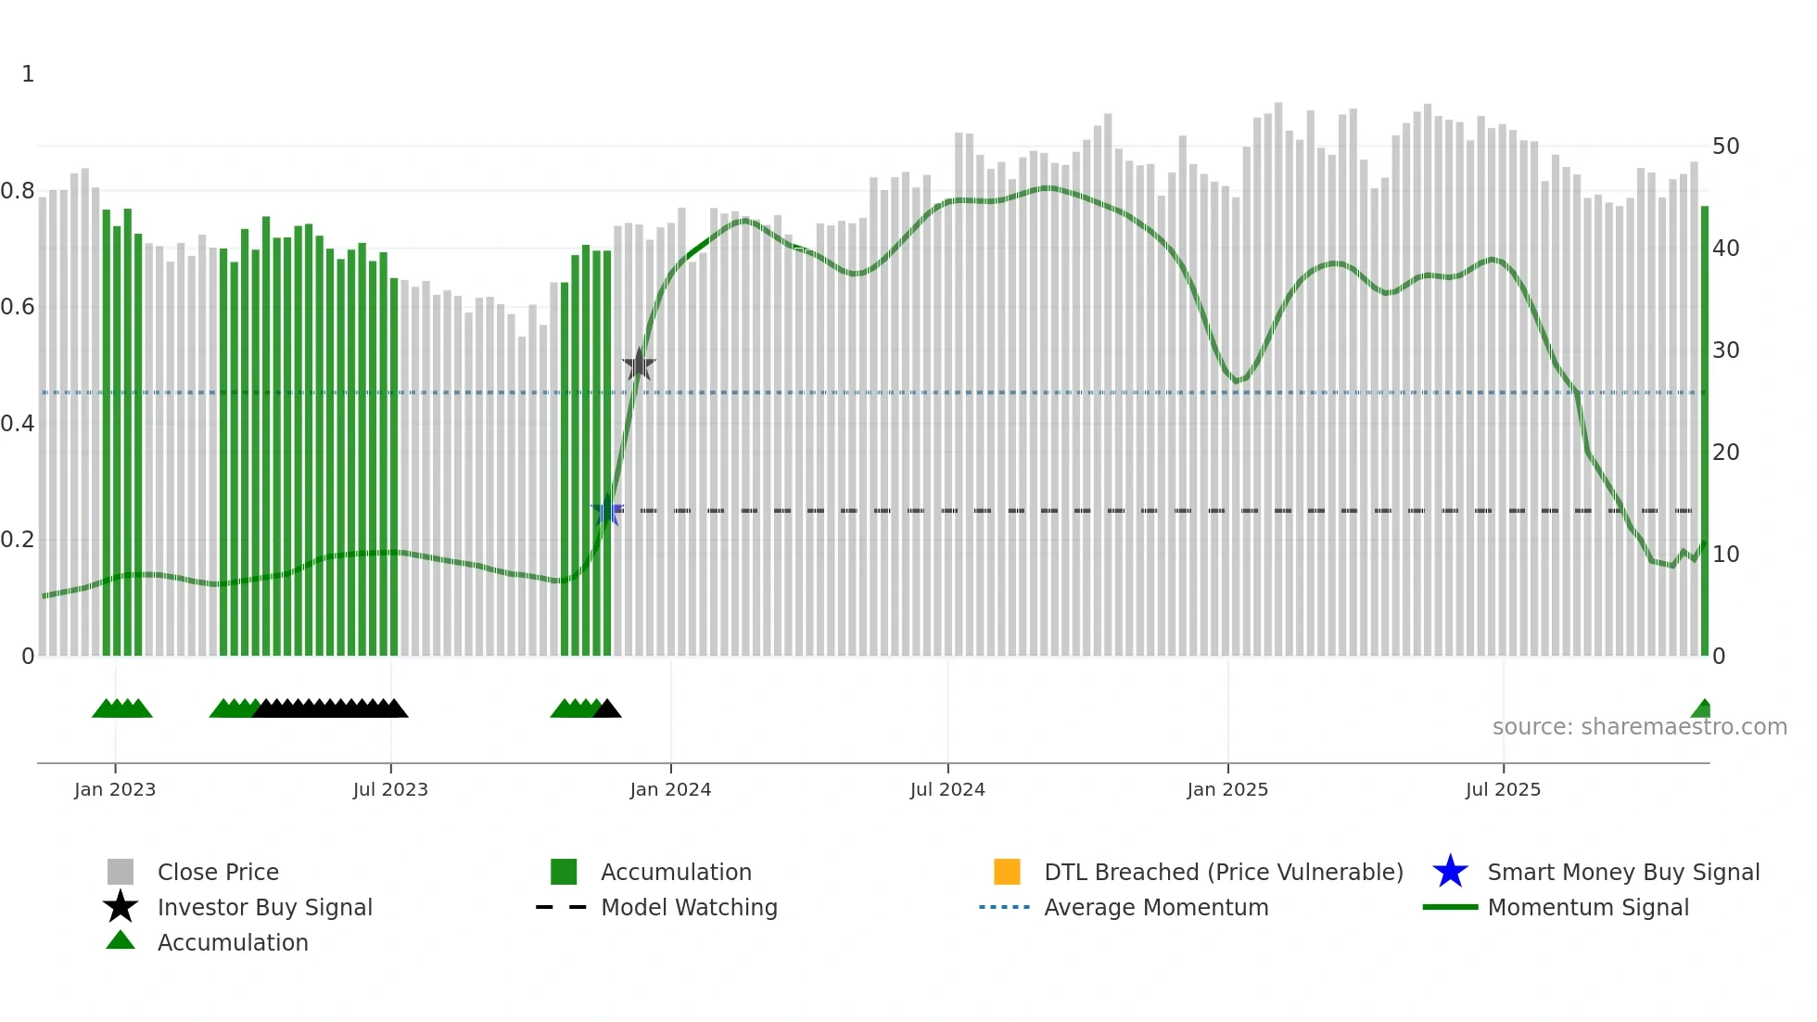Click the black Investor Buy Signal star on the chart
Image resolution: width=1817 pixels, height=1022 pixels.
[639, 364]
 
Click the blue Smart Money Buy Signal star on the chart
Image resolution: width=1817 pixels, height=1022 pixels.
[608, 510]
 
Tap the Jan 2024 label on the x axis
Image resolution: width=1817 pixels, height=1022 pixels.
[670, 789]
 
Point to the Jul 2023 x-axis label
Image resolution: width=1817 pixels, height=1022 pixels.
[390, 789]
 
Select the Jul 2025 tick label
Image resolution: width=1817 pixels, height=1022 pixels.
[1503, 789]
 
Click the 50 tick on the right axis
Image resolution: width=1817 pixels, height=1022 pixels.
[1725, 147]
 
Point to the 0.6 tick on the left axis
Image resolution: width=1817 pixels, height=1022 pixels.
[18, 307]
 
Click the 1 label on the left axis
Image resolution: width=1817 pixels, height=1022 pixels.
[28, 74]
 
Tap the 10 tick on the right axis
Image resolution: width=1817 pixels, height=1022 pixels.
[1725, 555]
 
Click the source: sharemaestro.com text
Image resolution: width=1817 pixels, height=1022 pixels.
[1639, 727]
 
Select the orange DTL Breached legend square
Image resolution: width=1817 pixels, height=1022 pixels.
[1007, 872]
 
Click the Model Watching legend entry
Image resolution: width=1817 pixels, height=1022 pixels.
[688, 907]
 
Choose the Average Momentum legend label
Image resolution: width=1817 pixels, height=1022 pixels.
[1155, 907]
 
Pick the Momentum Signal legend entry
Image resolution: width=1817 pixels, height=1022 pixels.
[1587, 907]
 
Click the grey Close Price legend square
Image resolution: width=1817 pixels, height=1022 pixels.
[121, 872]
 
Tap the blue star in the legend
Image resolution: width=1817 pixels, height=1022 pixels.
[1450, 872]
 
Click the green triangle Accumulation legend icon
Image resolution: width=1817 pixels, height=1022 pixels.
[121, 940]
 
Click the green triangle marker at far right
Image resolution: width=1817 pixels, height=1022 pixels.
[1702, 709]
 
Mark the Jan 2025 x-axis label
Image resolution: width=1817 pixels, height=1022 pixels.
[1227, 789]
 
